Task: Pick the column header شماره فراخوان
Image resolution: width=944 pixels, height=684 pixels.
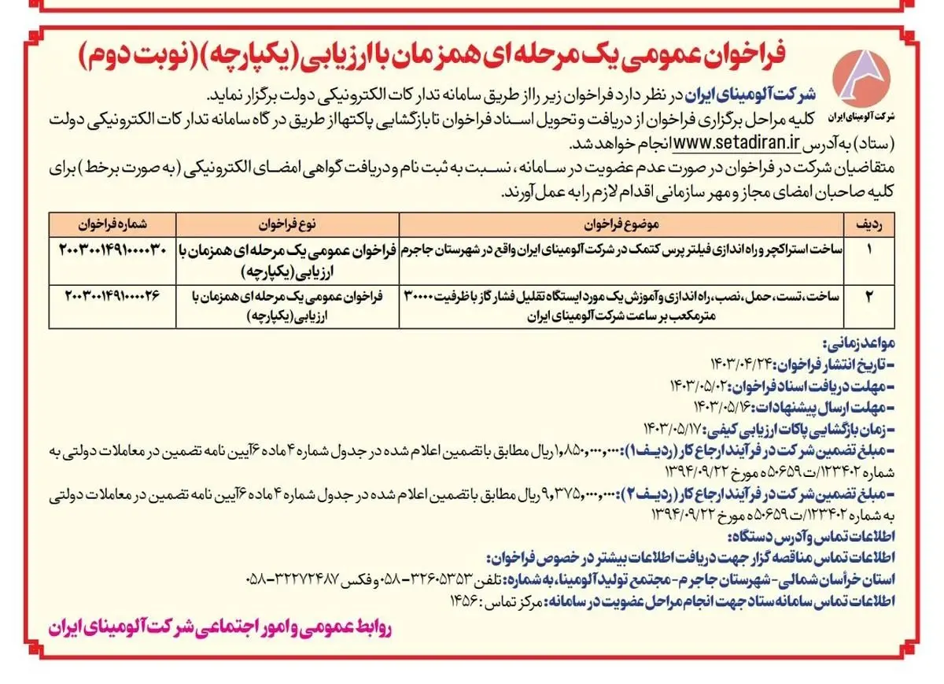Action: (x=115, y=224)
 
